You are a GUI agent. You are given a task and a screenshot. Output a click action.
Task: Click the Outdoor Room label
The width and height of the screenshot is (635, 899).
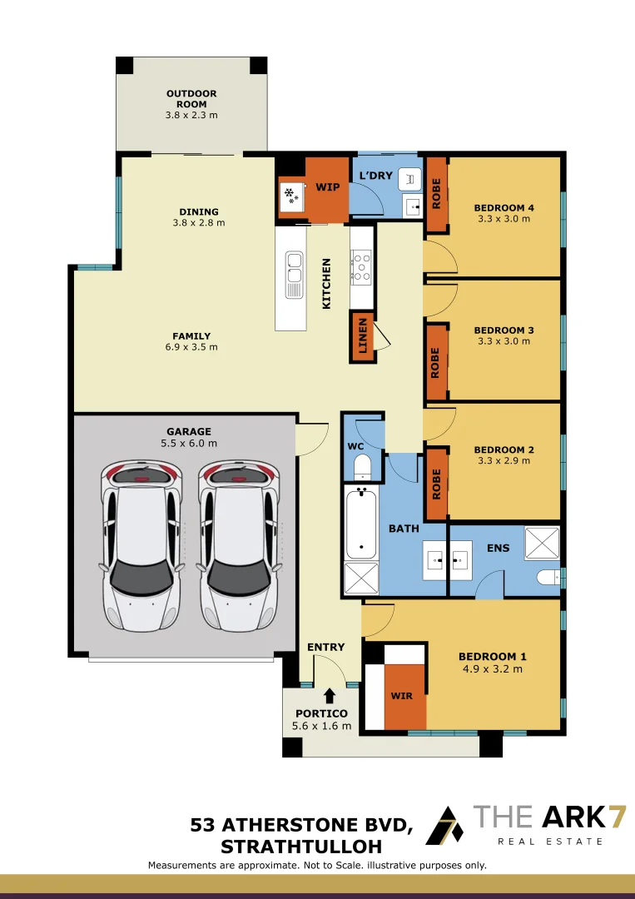[x=191, y=98]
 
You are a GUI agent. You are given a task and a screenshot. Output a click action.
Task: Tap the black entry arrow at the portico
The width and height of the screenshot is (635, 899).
[x=330, y=695]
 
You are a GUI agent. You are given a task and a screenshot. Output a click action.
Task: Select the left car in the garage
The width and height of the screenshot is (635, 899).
[x=141, y=546]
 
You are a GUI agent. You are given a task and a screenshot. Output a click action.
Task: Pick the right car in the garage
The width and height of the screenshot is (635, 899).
[x=239, y=546]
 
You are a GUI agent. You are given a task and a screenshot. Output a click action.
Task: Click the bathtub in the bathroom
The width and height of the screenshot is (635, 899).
[x=361, y=522]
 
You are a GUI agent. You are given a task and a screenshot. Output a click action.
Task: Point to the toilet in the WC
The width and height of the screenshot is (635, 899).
[x=362, y=467]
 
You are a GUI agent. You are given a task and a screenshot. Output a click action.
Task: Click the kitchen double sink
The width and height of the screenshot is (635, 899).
[x=294, y=275]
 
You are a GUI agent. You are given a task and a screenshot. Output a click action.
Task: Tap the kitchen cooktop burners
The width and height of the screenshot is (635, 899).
[x=361, y=266]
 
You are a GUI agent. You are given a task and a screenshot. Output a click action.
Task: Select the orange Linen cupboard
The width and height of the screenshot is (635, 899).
[x=362, y=336]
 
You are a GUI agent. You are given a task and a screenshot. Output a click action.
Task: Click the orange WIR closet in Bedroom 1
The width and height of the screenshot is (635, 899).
[x=404, y=696]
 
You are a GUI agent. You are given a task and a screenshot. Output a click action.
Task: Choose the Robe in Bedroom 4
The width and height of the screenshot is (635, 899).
[x=437, y=194]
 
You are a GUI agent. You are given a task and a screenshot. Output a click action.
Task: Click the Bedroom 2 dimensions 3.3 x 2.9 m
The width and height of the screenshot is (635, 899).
[x=504, y=460]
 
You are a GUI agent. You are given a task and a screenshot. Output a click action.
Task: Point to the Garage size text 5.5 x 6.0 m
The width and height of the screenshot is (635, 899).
[x=189, y=443]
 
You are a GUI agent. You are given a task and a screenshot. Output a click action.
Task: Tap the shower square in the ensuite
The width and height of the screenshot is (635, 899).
[x=542, y=543]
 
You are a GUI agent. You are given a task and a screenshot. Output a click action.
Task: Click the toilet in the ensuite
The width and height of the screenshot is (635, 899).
[x=548, y=578]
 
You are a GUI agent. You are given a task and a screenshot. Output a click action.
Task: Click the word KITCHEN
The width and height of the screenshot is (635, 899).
[x=327, y=284]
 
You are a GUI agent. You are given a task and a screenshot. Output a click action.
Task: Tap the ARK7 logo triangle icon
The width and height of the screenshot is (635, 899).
[x=444, y=826]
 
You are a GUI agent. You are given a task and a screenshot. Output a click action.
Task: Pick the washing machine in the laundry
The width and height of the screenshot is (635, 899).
[x=409, y=180]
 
